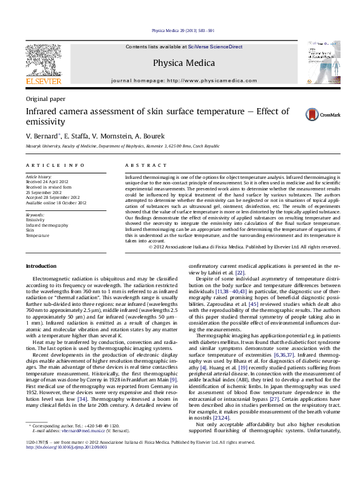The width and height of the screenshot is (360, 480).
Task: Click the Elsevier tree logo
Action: click(x=43, y=59)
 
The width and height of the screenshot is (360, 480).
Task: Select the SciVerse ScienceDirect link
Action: click(x=215, y=47)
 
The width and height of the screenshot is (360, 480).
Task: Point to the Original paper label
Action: click(x=45, y=99)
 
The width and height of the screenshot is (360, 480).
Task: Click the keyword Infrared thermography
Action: click(x=47, y=225)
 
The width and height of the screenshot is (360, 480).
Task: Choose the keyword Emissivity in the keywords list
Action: click(x=36, y=220)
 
